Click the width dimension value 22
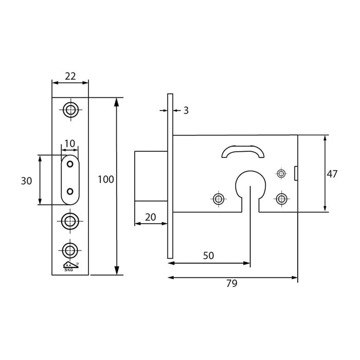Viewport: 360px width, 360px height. [x=70, y=76]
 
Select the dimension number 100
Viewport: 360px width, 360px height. [x=105, y=179]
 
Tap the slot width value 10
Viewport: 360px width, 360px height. [x=69, y=143]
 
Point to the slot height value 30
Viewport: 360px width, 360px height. [x=26, y=181]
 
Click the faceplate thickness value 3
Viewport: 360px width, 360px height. [x=186, y=110]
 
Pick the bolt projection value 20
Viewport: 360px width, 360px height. [x=150, y=217]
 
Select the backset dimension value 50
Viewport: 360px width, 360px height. [x=208, y=256]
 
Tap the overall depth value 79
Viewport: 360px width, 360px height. [x=231, y=283]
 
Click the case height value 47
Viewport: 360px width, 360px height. [x=332, y=174]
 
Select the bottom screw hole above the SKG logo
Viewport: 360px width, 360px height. [x=70, y=250]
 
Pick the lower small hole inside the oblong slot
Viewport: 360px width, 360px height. [x=70, y=192]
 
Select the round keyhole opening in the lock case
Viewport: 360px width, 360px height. [x=250, y=185]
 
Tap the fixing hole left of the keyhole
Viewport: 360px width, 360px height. [x=219, y=199]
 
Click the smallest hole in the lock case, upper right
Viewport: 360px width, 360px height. [x=281, y=173]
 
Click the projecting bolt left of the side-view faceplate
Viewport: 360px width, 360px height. [x=151, y=176]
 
